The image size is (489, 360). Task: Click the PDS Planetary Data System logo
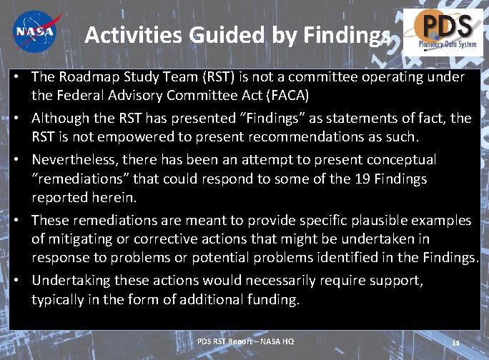click(443, 32)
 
